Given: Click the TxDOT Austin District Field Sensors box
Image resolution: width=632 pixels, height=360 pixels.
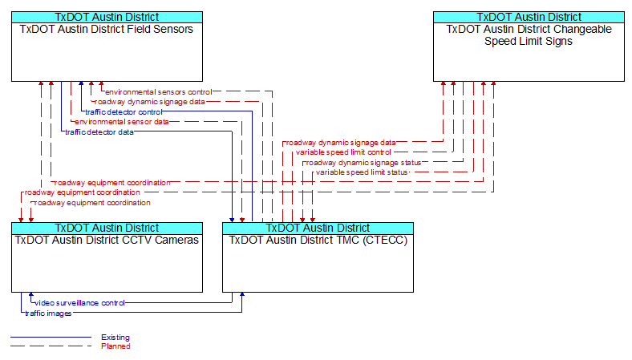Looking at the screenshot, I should tap(106, 52).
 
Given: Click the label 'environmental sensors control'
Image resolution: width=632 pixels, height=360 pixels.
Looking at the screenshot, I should tap(158, 92).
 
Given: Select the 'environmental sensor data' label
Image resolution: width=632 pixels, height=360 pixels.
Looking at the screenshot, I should tap(121, 122).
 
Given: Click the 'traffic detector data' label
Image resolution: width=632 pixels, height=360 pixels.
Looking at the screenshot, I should tap(99, 132).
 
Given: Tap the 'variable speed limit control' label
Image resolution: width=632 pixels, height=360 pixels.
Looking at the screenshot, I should tap(343, 152).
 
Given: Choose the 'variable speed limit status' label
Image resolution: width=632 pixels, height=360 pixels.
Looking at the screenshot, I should tap(362, 172).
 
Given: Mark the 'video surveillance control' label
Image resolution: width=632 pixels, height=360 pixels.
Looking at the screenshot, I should tap(79, 303).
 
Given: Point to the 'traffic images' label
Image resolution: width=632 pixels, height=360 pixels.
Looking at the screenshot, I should tap(48, 313).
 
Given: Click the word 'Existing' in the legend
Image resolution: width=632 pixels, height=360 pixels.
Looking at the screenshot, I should tap(115, 338).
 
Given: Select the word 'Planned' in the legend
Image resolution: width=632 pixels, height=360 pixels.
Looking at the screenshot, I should tap(115, 346).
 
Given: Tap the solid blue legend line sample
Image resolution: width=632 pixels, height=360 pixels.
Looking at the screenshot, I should tap(51, 338).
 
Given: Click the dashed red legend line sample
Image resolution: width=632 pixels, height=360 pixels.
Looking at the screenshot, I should tap(51, 346).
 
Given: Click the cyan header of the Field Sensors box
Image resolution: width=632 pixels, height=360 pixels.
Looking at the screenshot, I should tap(106, 17).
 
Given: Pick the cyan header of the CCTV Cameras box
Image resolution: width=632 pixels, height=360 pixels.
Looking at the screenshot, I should tap(106, 228).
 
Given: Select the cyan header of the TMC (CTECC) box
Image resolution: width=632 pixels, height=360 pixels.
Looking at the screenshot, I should tap(318, 228).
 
